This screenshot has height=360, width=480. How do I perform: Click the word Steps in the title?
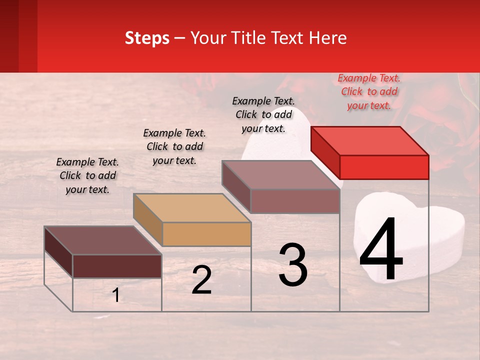[x=147, y=38]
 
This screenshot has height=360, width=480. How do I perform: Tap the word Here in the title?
[x=326, y=38]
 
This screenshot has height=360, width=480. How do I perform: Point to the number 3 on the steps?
[x=292, y=265]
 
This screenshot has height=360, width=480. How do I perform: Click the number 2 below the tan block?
[x=201, y=280]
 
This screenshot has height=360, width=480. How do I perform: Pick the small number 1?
[x=116, y=295]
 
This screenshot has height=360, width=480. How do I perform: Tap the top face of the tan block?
[x=191, y=207]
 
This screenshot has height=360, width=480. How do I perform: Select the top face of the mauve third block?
[x=280, y=175]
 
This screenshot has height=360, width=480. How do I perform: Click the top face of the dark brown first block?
[x=102, y=240]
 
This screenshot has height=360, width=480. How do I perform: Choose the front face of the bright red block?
[x=384, y=167]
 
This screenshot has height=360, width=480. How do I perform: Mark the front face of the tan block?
[x=206, y=234]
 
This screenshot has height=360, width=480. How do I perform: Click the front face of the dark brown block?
[x=117, y=266]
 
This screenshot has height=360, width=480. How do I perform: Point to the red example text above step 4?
[x=369, y=92]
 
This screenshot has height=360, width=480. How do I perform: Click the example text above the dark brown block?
[x=87, y=176]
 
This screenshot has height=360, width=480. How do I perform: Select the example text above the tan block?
[x=174, y=147]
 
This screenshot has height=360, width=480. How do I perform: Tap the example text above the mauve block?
[x=263, y=114]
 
